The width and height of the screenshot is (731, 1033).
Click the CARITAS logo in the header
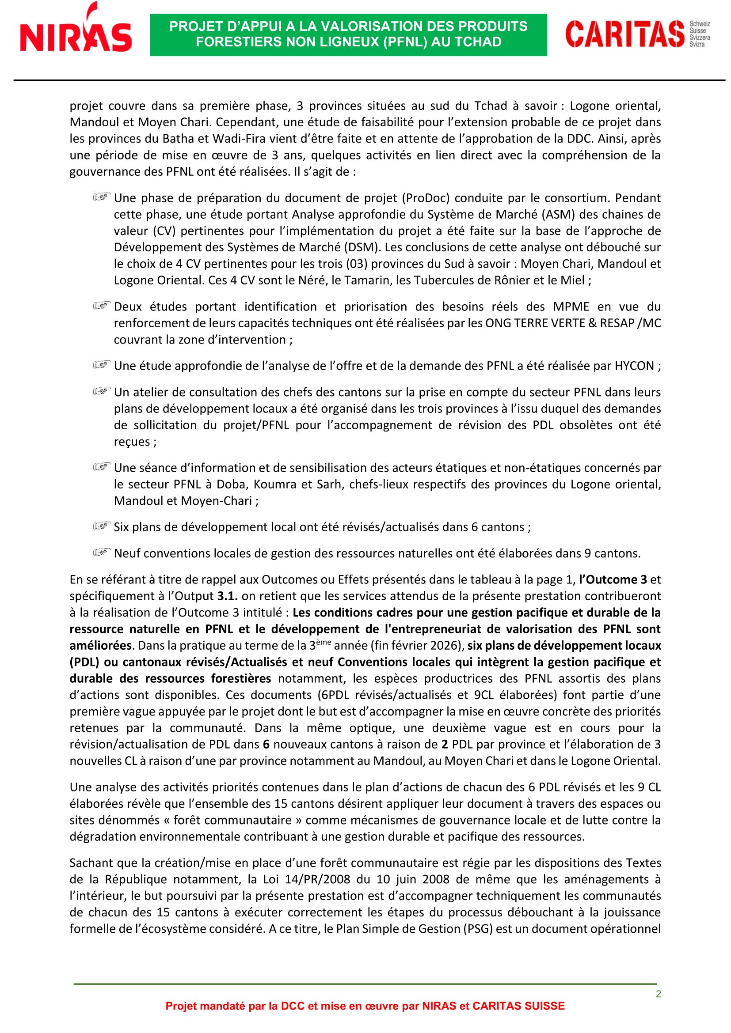pyautogui.click(x=637, y=34)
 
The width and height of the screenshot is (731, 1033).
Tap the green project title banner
pyautogui.click(x=348, y=34)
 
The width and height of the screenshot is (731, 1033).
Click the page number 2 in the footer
pyautogui.click(x=658, y=994)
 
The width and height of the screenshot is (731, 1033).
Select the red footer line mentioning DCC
pyautogui.click(x=365, y=1006)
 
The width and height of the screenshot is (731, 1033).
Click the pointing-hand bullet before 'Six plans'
pyautogui.click(x=102, y=526)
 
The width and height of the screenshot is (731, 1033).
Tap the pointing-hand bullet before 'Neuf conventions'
pyautogui.click(x=102, y=552)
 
